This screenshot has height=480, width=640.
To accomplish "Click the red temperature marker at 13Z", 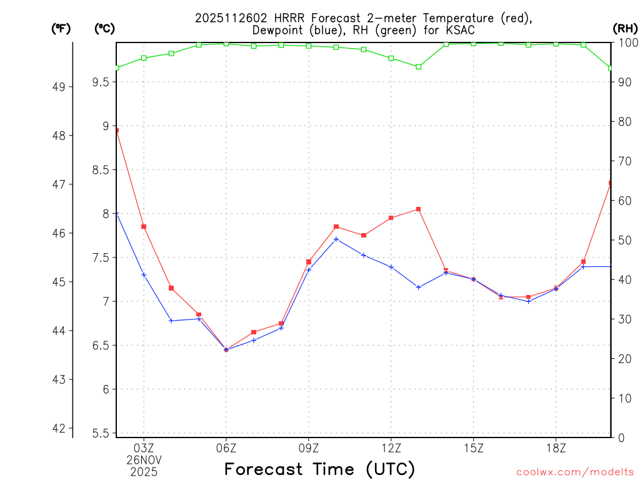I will click(419, 209).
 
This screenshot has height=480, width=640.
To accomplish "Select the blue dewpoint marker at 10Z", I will click(336, 239).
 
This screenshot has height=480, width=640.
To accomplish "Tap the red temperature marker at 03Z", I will click(144, 226).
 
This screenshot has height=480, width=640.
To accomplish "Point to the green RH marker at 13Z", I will click(419, 66).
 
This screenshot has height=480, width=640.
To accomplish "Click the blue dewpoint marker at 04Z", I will click(171, 321).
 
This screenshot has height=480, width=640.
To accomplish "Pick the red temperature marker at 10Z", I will click(336, 226).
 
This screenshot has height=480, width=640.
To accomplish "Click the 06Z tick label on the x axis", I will click(226, 447).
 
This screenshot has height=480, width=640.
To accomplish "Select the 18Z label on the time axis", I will click(556, 447).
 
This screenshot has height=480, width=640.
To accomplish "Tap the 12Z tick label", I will click(391, 447).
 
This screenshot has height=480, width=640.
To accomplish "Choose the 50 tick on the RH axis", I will click(624, 240).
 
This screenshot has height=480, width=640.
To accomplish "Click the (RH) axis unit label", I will click(624, 28).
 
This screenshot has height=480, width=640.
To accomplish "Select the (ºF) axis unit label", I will click(61, 28).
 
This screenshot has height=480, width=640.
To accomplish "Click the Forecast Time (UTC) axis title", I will click(319, 469).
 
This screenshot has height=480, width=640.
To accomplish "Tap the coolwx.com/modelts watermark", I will click(575, 472).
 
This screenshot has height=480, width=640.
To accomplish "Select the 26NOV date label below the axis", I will click(144, 460).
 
